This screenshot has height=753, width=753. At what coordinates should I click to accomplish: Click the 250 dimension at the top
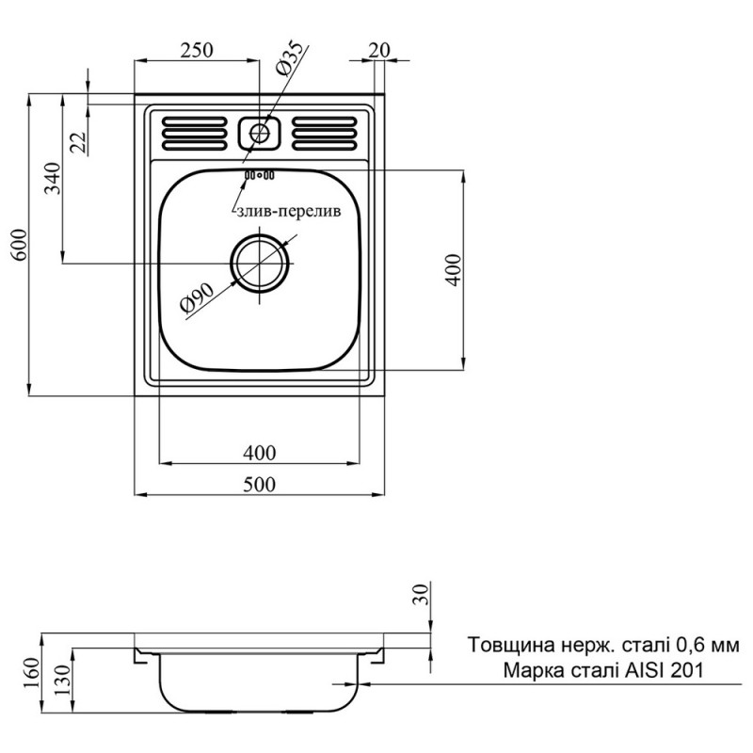pyautogui.click(x=197, y=49)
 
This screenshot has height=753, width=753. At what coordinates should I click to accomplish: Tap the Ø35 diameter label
pyautogui.click(x=289, y=57)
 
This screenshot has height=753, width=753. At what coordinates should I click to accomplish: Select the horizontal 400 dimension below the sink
pyautogui.click(x=259, y=454)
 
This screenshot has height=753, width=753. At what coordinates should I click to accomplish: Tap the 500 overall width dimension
pyautogui.click(x=259, y=484)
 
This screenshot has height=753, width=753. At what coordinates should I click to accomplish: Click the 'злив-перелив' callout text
pyautogui.click(x=292, y=213)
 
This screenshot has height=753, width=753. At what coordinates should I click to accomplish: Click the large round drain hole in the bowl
pyautogui.click(x=260, y=263)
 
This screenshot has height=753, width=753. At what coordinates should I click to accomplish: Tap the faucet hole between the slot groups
pyautogui.click(x=259, y=133)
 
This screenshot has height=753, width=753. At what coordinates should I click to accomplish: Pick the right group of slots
pyautogui.click(x=325, y=133)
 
